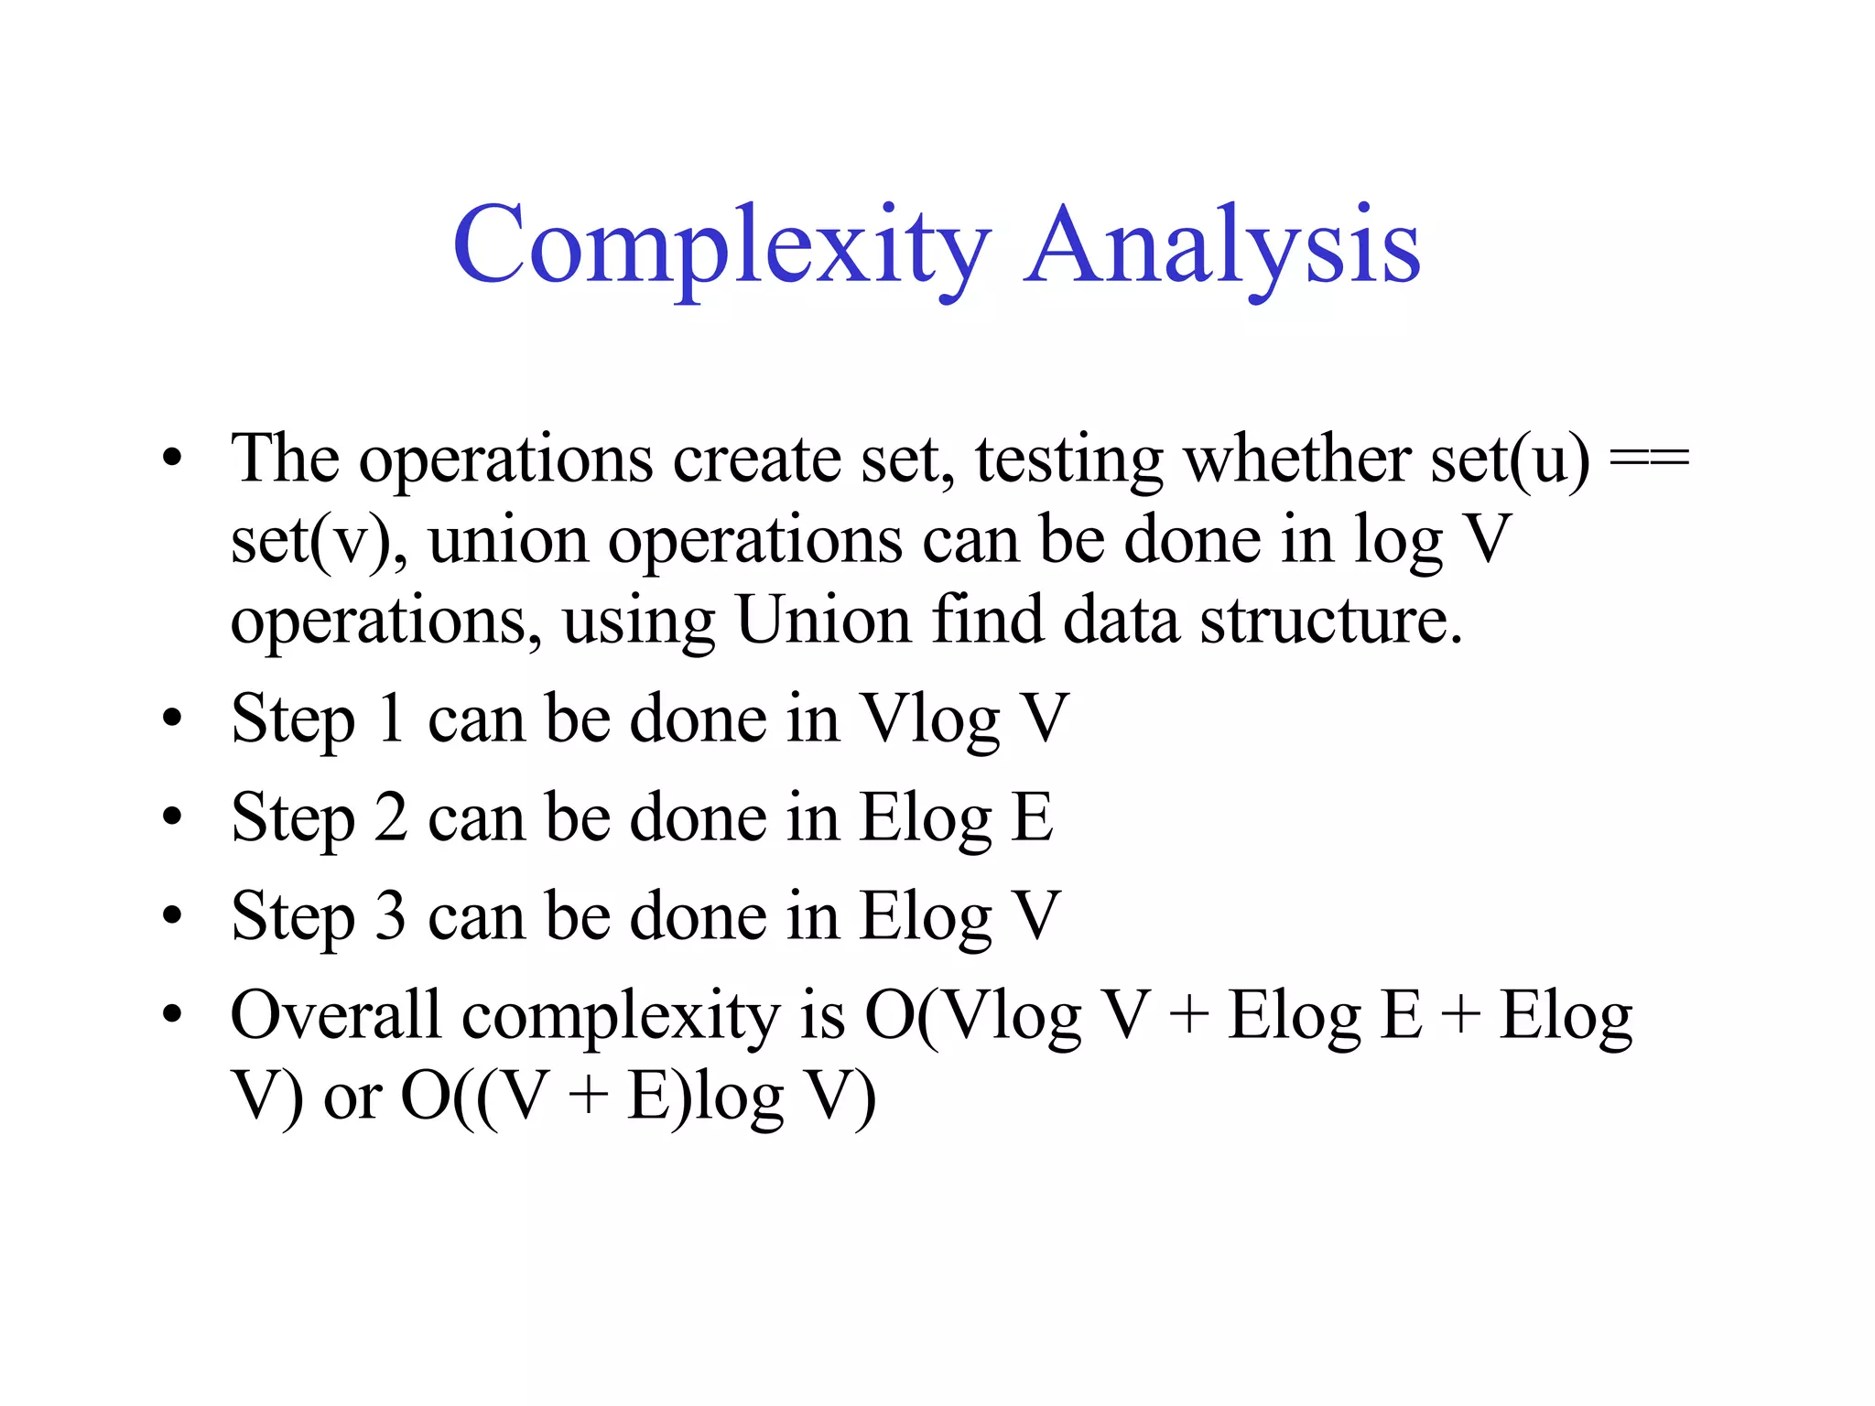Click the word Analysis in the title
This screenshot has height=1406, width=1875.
point(1222,247)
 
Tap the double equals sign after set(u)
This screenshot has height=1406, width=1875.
point(1649,458)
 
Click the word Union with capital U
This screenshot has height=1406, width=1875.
point(824,620)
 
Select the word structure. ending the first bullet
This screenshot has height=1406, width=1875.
point(1331,620)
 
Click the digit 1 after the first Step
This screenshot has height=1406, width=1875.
point(392,718)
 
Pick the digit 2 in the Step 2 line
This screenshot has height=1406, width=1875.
point(391,817)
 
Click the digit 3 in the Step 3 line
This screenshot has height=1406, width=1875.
point(391,915)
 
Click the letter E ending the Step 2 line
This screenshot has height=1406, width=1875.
point(1032,817)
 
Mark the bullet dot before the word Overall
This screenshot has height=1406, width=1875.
point(172,1014)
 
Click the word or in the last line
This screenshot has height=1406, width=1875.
point(352,1097)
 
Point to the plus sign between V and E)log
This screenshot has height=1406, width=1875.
point(588,1097)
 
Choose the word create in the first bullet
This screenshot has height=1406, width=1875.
point(756,458)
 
